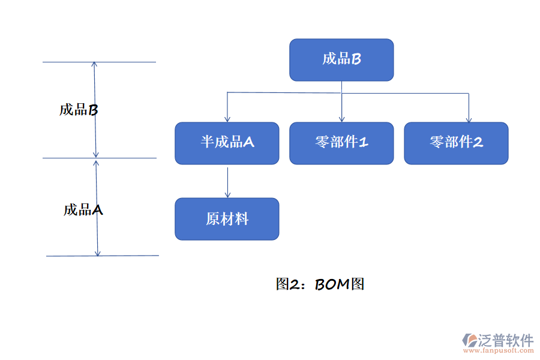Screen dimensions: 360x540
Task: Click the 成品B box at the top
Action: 341,60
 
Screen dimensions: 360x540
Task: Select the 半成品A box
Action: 227,143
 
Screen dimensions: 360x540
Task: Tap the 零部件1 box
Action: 341,143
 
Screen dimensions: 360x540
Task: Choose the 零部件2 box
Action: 456,143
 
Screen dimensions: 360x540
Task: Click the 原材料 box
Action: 227,219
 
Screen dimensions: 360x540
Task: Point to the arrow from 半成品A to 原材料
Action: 227,181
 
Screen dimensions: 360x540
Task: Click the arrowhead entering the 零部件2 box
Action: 469,119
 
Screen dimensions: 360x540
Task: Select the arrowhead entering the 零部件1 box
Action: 341,119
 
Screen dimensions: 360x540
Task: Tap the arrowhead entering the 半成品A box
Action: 227,119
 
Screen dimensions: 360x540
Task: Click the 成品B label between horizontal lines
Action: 78,110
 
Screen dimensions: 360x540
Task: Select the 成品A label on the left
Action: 83,210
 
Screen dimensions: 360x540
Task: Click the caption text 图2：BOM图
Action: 320,284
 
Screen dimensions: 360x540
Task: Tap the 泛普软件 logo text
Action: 505,340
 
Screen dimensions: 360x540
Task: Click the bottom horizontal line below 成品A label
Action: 132,256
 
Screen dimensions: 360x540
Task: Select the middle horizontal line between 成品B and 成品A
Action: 129,158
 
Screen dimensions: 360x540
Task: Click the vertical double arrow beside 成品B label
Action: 95,110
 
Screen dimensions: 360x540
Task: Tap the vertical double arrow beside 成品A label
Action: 97,207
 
